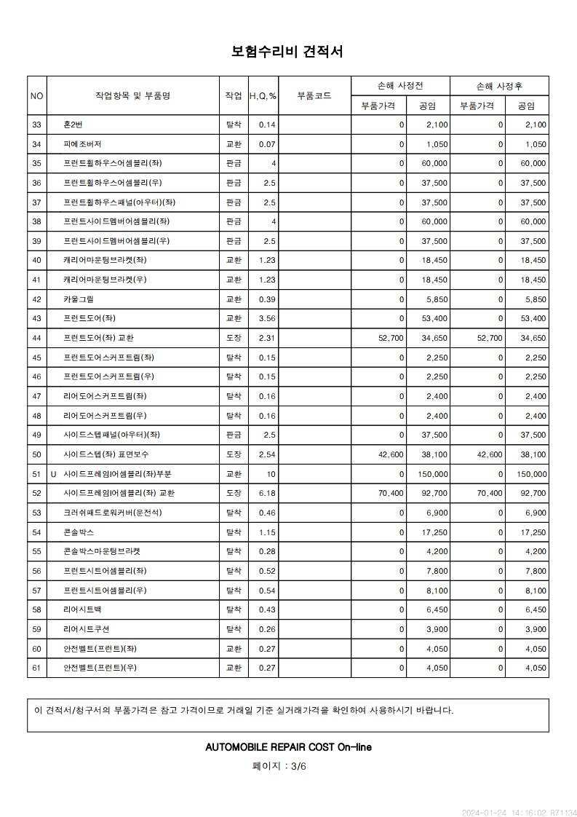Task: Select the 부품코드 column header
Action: [x=314, y=95]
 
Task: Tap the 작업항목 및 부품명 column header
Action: [x=132, y=95]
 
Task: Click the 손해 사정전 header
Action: [x=400, y=86]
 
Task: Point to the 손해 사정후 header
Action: [x=499, y=86]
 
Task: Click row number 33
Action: [x=37, y=125]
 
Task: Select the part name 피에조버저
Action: [x=82, y=144]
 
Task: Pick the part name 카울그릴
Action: [x=79, y=299]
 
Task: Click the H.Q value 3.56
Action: [x=267, y=318]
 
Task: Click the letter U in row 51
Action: [x=53, y=474]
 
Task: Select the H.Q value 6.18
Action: [x=267, y=493]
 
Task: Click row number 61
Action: [x=37, y=668]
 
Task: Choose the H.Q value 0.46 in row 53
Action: [x=267, y=513]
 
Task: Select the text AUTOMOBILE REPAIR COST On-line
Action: [x=288, y=747]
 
